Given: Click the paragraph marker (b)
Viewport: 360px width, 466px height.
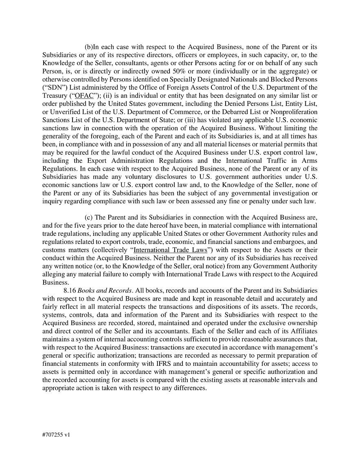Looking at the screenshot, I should point(89,47).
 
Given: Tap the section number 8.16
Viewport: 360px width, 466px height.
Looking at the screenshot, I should point(70,290).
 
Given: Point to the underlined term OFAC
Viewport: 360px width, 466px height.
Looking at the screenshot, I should point(82,96).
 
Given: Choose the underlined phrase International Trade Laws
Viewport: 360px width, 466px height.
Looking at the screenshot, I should point(170,250).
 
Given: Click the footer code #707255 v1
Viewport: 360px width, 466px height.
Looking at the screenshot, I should point(56,435).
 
